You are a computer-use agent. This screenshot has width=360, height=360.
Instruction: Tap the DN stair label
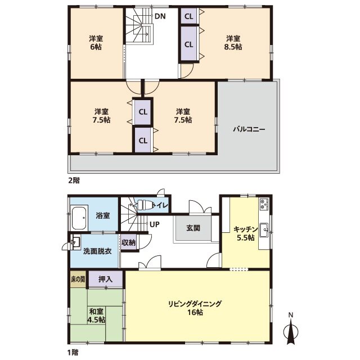coord(160,16)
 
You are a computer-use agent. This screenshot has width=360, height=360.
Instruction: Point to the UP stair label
coord(154,224)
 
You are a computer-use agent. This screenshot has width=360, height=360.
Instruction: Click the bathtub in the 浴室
coord(79,218)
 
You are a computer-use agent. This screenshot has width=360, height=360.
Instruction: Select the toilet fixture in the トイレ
coord(145,205)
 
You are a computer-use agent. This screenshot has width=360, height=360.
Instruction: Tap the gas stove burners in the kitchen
coord(264,204)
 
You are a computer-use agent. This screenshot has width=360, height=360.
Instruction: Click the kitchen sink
coord(264,230)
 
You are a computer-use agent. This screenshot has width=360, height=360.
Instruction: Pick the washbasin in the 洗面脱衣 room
coord(76,242)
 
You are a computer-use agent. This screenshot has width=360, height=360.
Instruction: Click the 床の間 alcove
coord(78,279)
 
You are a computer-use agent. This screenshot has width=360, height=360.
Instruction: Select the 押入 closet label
coord(105,279)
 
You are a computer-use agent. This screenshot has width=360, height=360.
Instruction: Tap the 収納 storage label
coord(128,242)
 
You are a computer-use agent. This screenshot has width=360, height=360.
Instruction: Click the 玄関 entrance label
coord(193,228)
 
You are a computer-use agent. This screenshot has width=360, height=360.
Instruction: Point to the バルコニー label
coord(249,129)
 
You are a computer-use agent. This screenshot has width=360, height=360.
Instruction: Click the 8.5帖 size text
coord(233,47)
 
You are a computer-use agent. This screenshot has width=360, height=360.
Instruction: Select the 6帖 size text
coord(96,47)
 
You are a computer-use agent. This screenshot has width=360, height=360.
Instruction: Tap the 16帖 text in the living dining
coord(195,313)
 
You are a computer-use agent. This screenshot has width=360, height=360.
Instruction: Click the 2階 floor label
coord(74,181)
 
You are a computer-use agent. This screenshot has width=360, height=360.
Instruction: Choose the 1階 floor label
coord(73,352)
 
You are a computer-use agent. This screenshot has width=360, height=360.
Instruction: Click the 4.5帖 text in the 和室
coord(96,319)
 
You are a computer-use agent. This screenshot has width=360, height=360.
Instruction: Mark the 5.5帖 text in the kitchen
coord(246,237)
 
